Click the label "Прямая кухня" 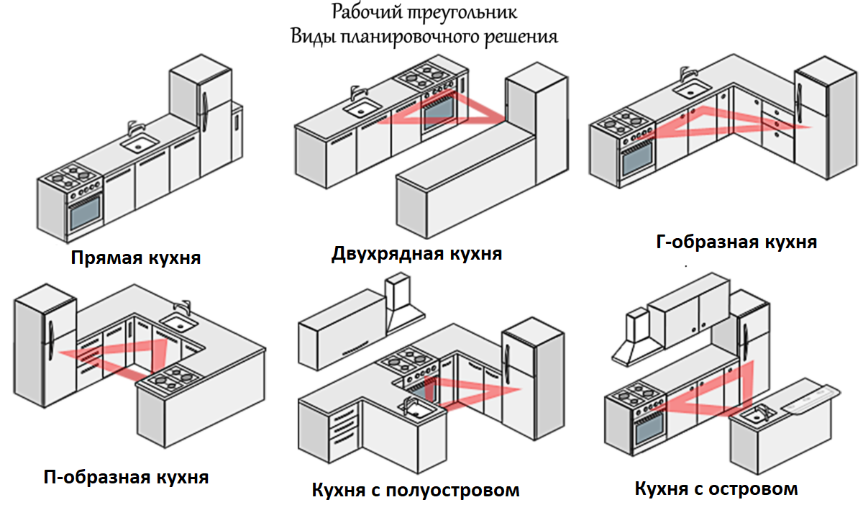click(136, 258)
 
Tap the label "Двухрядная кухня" click(416, 253)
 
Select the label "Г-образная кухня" click(736, 242)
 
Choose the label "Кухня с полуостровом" click(416, 491)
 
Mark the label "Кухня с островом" click(716, 489)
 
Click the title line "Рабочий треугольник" click(424, 12)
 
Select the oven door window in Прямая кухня click(85, 214)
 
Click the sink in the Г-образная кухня click(691, 88)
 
